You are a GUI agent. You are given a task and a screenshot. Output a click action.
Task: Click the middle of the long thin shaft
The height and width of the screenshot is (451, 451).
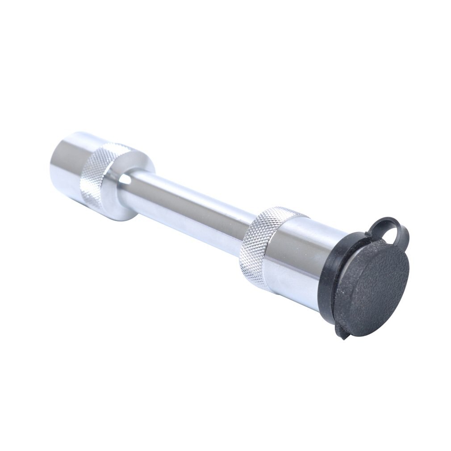point(188,205)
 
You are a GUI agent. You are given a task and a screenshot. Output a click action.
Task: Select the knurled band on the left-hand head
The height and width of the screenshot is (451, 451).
point(98,172)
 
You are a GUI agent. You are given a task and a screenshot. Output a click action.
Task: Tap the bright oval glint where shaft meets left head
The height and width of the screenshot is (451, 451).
point(125,180)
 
